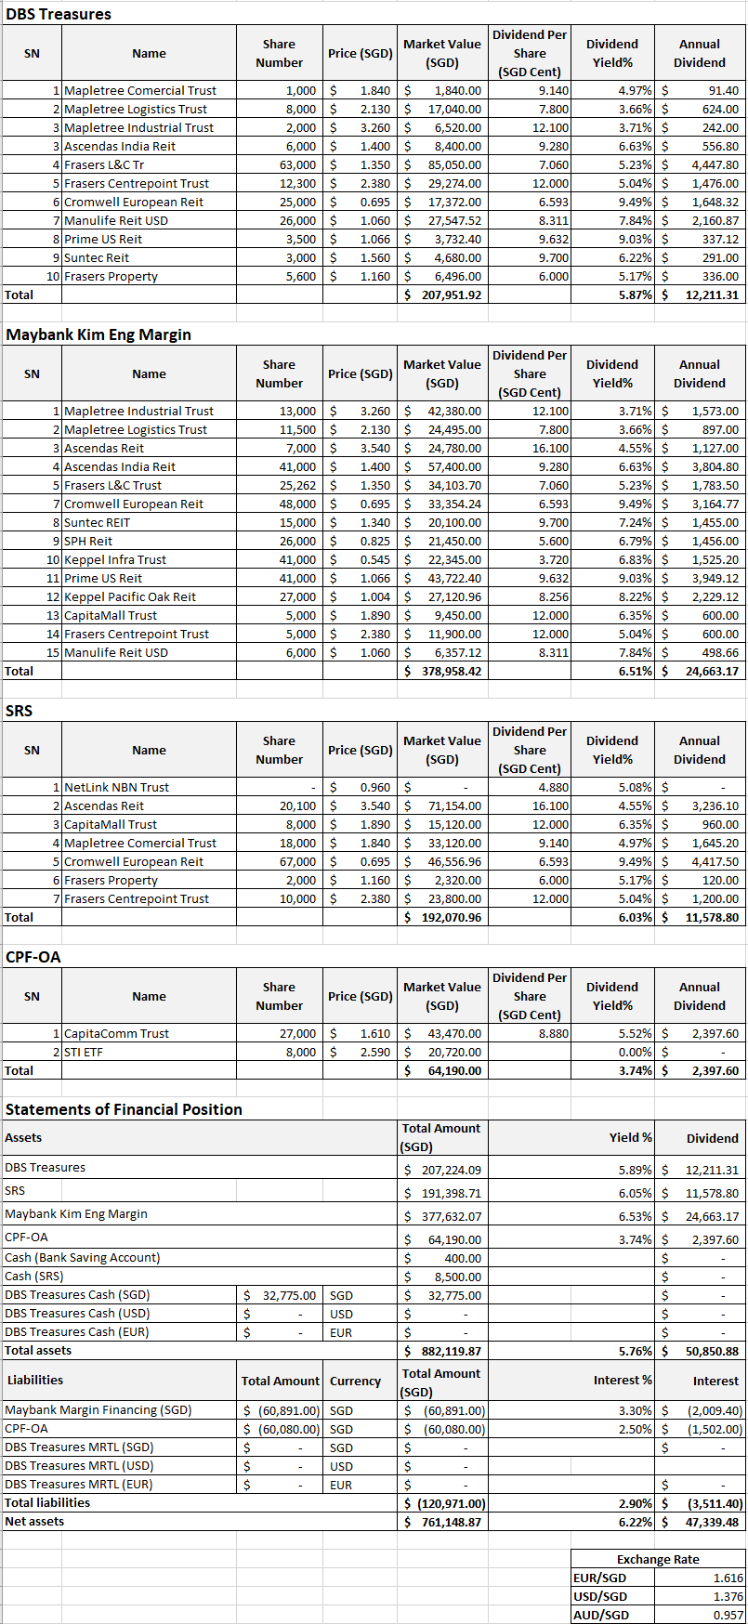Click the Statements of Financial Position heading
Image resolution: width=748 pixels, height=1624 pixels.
(x=124, y=1109)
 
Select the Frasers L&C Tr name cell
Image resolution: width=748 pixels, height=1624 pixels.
(x=104, y=164)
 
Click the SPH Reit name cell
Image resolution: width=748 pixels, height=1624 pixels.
(x=88, y=541)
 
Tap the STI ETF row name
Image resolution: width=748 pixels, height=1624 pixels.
(x=84, y=1052)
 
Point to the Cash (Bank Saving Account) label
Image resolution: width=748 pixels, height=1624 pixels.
(x=82, y=1257)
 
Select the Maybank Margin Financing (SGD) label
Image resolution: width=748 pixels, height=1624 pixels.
(x=98, y=1409)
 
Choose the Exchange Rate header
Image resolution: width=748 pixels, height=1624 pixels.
(x=658, y=1559)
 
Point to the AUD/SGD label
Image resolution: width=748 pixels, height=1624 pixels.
(x=600, y=1615)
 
